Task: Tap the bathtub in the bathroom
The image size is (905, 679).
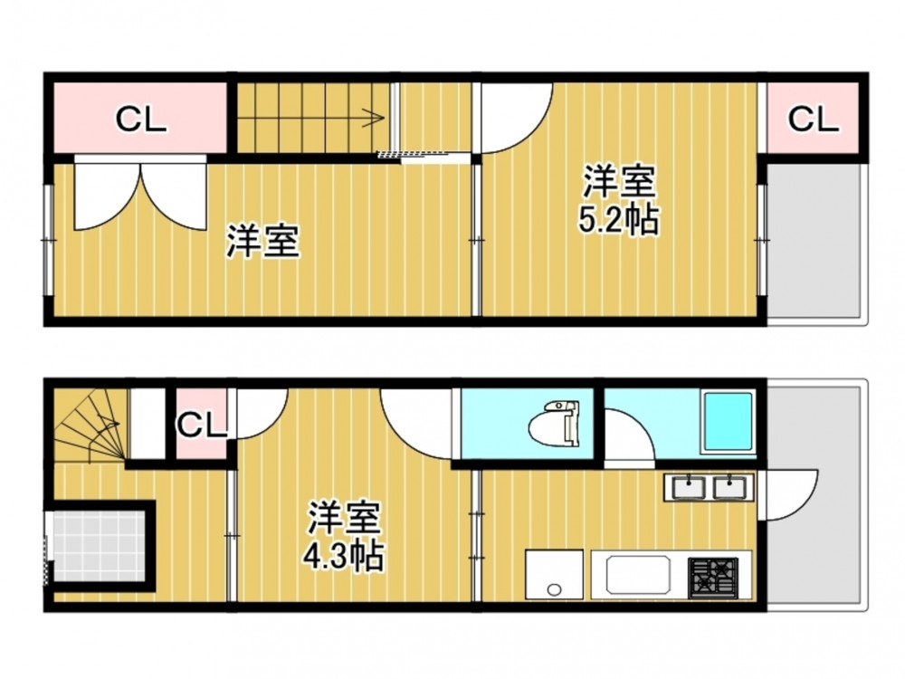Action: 728,422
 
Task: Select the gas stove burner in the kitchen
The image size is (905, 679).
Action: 712,578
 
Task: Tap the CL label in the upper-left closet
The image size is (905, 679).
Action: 141,120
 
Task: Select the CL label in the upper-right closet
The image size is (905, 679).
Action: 813,120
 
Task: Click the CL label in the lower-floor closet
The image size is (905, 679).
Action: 202,426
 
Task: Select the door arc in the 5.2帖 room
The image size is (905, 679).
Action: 518,119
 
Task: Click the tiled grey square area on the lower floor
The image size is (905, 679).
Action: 99,546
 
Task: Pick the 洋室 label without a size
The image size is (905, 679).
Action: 262,241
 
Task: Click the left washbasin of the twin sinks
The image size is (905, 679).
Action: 689,487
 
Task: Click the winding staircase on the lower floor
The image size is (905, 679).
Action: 90,425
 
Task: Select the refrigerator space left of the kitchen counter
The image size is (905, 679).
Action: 554,574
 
